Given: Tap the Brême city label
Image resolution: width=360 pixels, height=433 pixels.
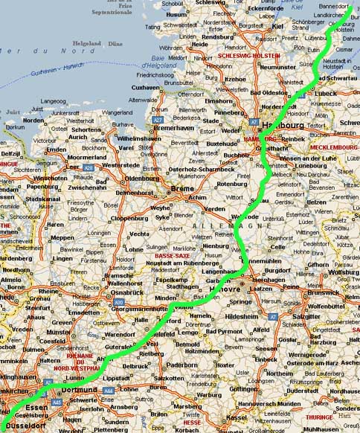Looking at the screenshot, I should click(x=182, y=188).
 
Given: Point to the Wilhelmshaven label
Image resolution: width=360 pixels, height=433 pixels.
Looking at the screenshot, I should click(x=135, y=138).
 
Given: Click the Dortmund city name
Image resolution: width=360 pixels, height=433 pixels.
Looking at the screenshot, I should click(x=80, y=389).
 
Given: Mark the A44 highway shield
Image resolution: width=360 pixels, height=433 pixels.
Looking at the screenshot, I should click(x=108, y=390).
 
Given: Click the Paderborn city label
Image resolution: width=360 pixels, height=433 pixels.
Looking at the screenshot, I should click(x=181, y=365).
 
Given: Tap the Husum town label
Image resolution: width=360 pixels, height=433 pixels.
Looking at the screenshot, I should click(x=176, y=14).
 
